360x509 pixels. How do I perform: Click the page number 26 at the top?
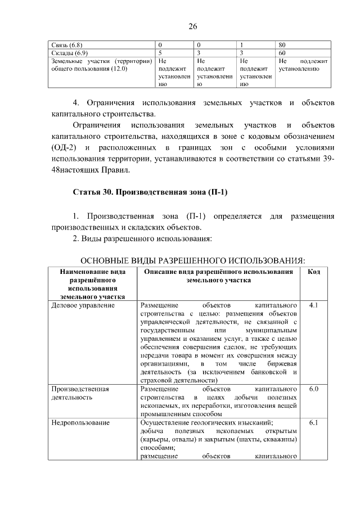[192, 27]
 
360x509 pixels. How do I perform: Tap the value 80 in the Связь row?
[283, 44]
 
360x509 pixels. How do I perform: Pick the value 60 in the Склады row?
[283, 52]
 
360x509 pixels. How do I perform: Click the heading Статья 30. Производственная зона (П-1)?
[150, 192]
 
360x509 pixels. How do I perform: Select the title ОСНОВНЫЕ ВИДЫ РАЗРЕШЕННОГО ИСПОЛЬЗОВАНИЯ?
[193, 260]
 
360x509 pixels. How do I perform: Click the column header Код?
[314, 272]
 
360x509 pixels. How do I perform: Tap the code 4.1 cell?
[314, 305]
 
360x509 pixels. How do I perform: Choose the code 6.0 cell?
[314, 389]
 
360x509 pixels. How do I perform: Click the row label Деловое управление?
[83, 305]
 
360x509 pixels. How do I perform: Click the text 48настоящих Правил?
[90, 169]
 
